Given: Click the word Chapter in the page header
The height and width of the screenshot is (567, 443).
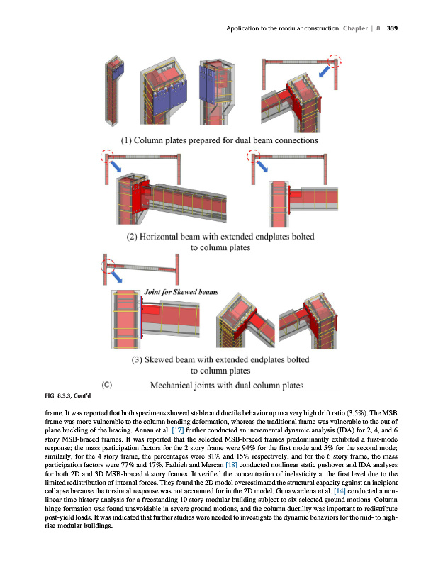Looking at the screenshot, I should click(x=356, y=28).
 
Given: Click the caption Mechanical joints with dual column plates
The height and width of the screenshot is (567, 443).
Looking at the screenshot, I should click(x=228, y=386).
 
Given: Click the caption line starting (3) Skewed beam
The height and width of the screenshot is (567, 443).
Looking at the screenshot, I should click(x=222, y=359).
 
